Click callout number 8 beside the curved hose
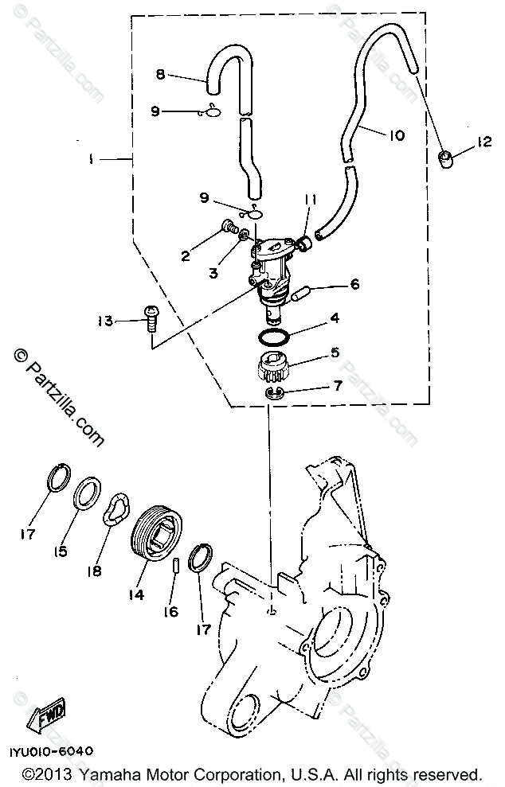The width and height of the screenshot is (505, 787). pos(160,76)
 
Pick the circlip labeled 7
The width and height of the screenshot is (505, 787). pos(272,394)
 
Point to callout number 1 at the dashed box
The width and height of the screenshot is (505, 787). pos(92,159)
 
